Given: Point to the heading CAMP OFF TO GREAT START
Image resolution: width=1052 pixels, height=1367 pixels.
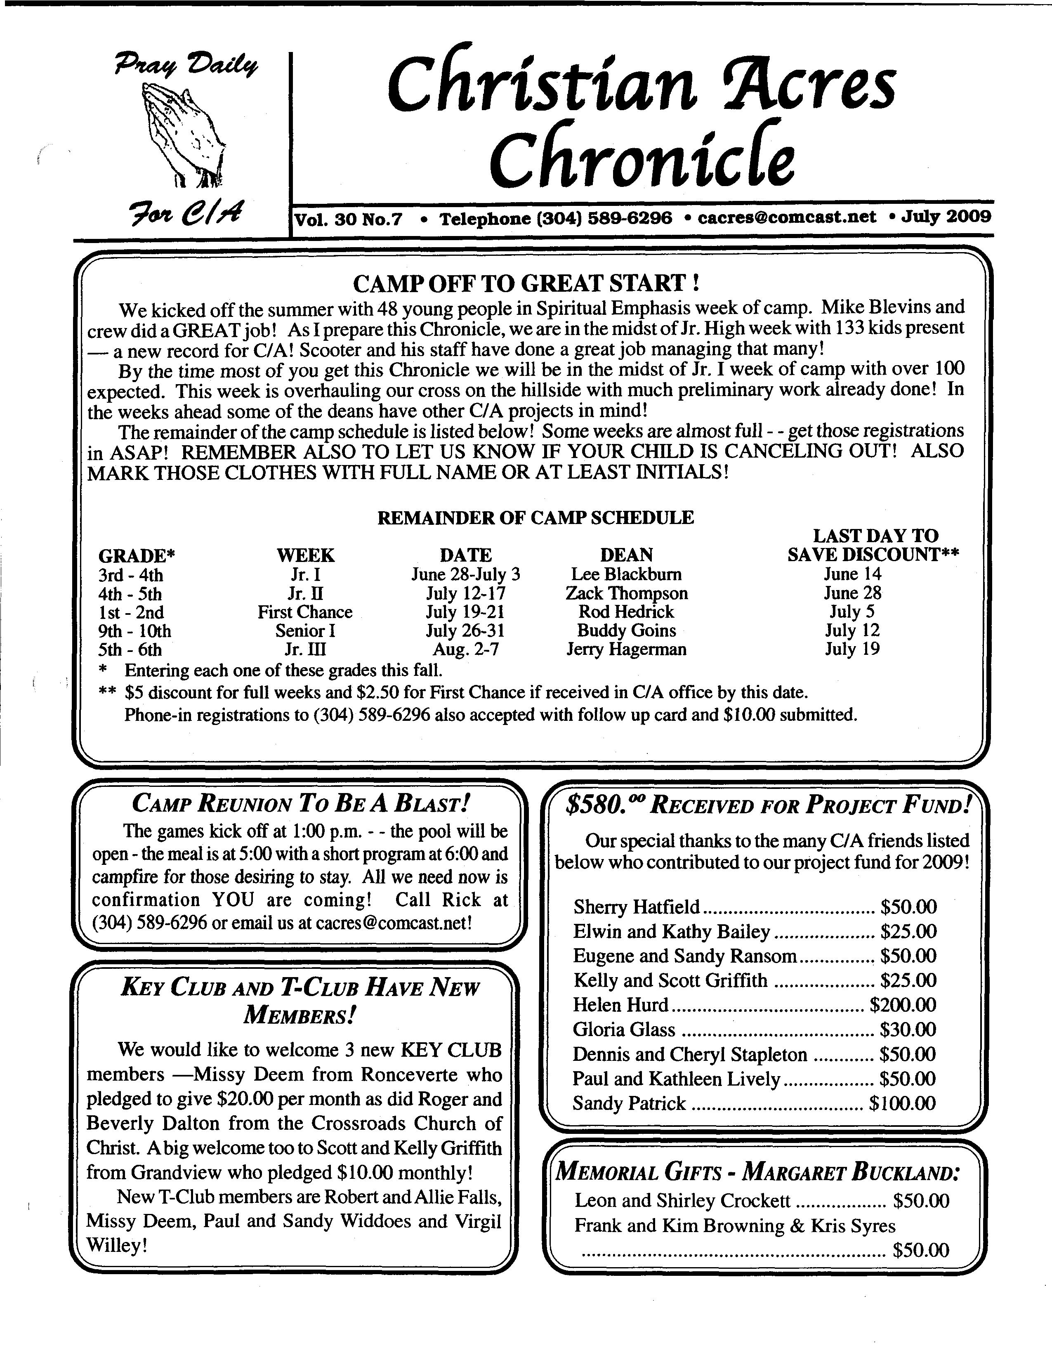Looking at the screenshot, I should point(525,283).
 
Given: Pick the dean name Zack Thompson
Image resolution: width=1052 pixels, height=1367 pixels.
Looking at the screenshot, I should point(626,593).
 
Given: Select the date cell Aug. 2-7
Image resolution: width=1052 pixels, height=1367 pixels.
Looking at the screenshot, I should point(466,649).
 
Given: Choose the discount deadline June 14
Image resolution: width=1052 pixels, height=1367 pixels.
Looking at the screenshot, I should point(852,574).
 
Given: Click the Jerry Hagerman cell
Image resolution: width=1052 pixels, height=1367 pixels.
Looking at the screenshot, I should point(626,649).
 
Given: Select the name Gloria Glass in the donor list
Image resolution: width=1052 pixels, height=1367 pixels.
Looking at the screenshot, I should point(624,1029).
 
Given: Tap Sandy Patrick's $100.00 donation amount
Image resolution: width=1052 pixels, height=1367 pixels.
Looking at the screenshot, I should point(902,1103).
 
